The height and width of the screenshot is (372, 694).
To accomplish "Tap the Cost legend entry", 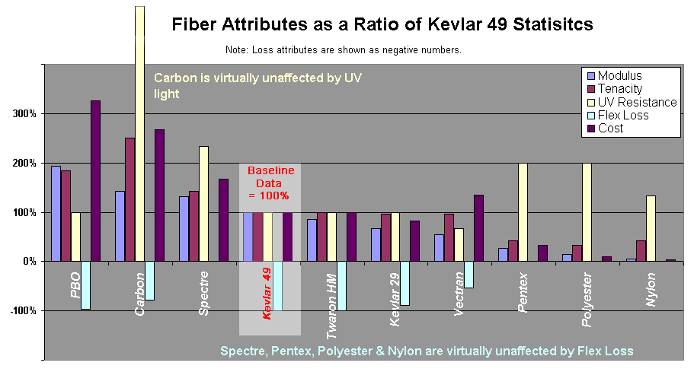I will coord(610,129).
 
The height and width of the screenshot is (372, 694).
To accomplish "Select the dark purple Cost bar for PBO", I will coord(95,181).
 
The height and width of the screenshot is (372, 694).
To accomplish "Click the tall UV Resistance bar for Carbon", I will coord(139,133).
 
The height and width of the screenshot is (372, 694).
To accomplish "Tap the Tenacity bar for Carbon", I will coord(130,199).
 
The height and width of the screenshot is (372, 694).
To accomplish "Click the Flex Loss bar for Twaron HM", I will coord(341,285).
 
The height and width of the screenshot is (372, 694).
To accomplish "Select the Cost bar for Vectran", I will coord(478,228).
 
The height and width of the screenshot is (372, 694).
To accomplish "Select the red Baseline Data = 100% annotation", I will coord(270,184).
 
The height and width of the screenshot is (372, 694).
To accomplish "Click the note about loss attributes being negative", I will coord(344,50).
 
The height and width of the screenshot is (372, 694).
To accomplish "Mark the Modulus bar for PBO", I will coord(56,214).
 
